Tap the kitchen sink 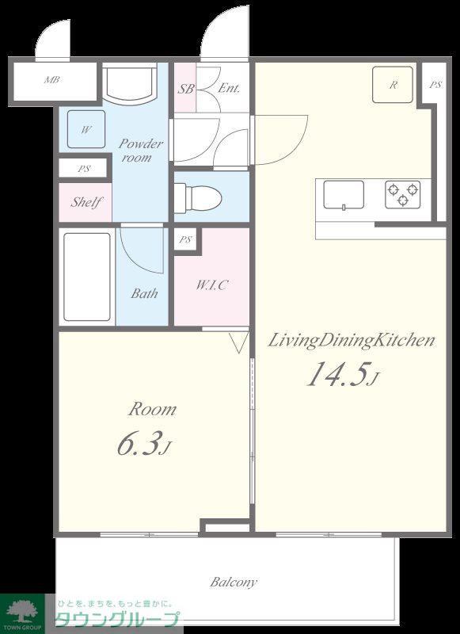point(344,195)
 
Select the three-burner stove point(403,194)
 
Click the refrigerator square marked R point(393,85)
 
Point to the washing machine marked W point(86,129)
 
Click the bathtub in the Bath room point(87,277)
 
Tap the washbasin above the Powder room point(129,82)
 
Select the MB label point(52,80)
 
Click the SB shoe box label point(186,89)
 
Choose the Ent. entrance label point(229,88)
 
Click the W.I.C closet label point(211,285)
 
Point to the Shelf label point(86,202)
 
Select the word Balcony point(234,582)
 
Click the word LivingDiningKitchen point(352,341)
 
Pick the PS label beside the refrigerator point(435,85)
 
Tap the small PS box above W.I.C point(185,240)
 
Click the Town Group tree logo point(22,611)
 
